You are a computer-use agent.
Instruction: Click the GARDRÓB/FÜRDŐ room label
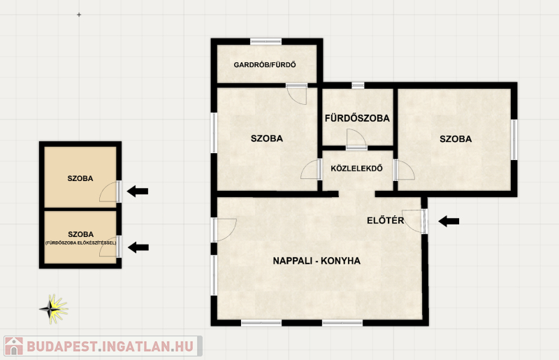pos(265,65)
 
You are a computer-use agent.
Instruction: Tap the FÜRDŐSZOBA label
pos(357,118)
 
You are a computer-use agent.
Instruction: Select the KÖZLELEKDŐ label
pos(356,168)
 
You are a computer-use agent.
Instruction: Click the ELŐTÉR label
pos(386,220)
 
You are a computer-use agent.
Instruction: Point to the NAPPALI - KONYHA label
pos(317,261)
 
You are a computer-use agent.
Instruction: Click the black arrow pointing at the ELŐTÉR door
pos(449,221)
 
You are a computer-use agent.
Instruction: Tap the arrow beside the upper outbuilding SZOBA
pos(138,192)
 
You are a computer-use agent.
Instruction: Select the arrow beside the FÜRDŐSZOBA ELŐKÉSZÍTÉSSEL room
pos(138,247)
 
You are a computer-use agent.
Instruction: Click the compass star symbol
pos(54,309)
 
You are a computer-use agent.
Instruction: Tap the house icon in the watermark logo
pos(13,346)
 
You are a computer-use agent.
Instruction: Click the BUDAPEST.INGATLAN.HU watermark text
pos(110,347)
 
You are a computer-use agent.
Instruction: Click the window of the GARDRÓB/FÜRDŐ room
pos(266,42)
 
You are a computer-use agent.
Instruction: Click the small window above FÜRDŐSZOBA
pos(358,85)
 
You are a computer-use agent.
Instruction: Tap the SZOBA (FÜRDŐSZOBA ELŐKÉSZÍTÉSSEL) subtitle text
pos(80,243)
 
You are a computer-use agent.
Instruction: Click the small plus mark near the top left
pos(79,15)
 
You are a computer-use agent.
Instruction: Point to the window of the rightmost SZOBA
pos(514,140)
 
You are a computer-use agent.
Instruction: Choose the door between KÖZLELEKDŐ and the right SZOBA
pos(404,170)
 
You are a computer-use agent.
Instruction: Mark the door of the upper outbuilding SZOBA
pos(110,192)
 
